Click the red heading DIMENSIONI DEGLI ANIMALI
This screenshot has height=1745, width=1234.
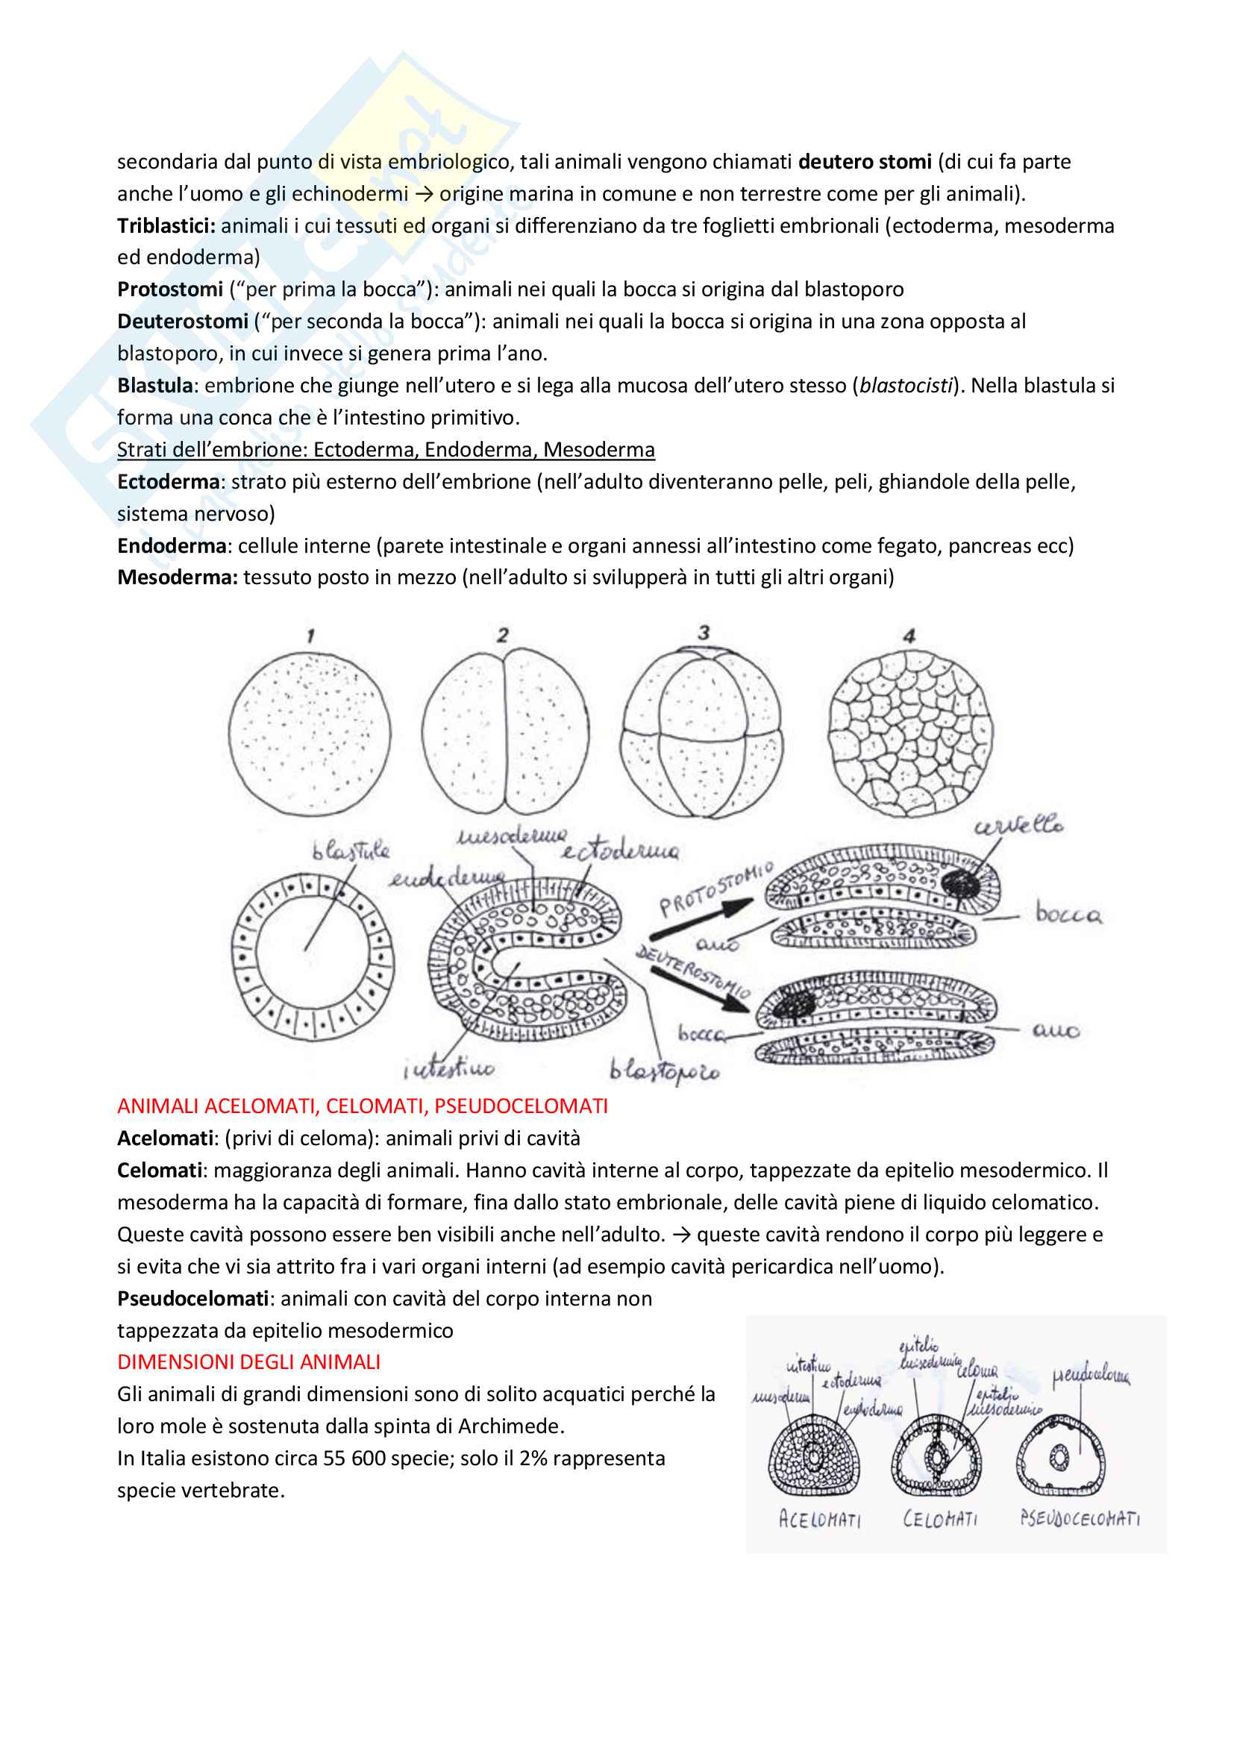[x=248, y=1362]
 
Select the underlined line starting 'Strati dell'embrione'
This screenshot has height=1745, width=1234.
[x=385, y=450]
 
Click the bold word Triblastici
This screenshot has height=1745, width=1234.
[x=166, y=226]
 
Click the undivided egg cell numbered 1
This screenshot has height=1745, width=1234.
[x=310, y=734]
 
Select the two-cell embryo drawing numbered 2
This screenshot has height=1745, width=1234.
[x=504, y=733]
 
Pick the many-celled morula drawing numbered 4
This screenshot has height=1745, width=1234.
[x=909, y=733]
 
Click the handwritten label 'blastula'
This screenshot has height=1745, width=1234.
[x=351, y=850]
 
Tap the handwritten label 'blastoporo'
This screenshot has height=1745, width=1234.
[x=664, y=1071]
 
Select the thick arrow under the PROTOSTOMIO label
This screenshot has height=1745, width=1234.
[x=701, y=918]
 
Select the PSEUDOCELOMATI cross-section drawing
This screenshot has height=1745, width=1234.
[x=1060, y=1456]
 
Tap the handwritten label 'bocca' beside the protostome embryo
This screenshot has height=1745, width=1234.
[x=1068, y=915]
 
